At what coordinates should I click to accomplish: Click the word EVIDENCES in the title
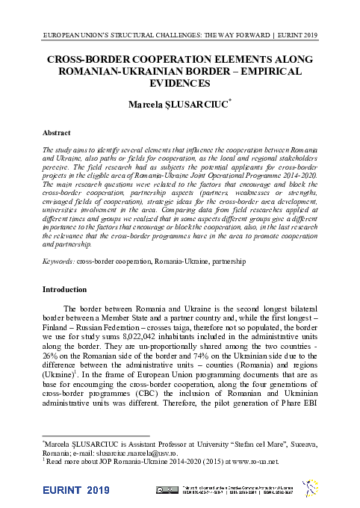tap(179, 84)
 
